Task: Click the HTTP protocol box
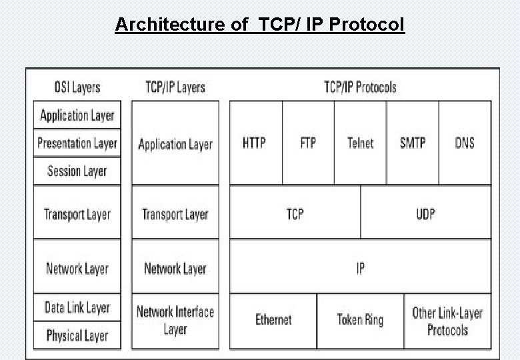point(255,143)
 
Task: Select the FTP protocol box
point(308,143)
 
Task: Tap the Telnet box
point(360,143)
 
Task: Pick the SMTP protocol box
point(413,143)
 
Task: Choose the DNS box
point(465,143)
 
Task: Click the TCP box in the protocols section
point(295,213)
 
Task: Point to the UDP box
point(425,213)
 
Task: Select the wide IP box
point(360,268)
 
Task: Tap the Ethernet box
point(273,321)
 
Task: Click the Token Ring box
point(360,321)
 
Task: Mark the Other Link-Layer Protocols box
point(447,321)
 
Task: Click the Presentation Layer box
point(77,143)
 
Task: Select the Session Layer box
point(77,171)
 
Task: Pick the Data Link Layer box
point(77,307)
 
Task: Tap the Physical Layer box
point(77,335)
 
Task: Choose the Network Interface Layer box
point(175,321)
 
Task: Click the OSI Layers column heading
point(77,87)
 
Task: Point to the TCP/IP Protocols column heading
point(360,87)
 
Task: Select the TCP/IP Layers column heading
point(175,87)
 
